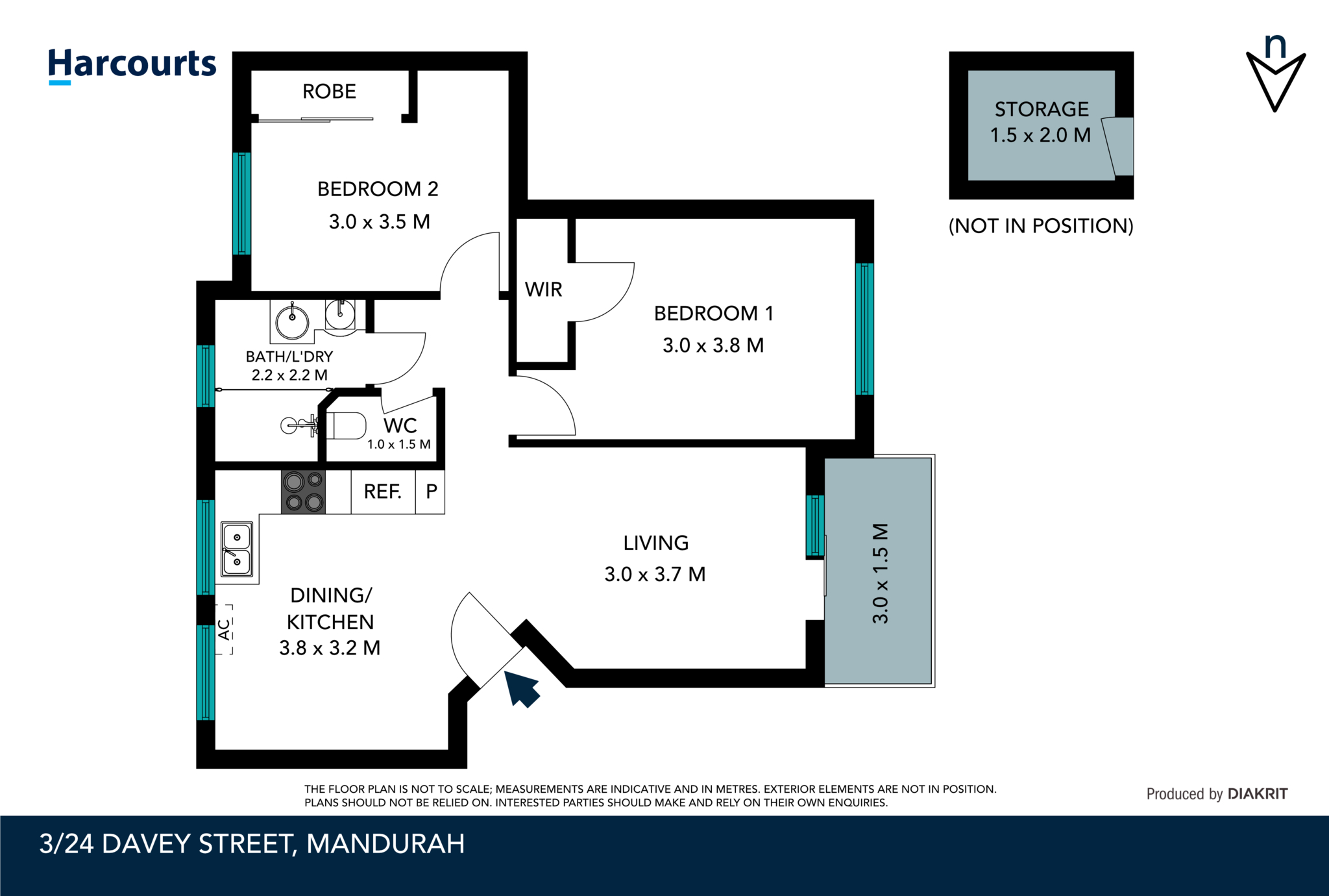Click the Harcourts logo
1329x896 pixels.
point(132,65)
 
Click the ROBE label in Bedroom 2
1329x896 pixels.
point(329,92)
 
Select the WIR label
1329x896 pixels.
point(543,290)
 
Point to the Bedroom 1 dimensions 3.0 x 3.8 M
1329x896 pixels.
point(713,345)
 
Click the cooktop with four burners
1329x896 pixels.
point(303,492)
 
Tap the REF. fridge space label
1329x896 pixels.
point(382,492)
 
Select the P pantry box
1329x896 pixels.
point(431,492)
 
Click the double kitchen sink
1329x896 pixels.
point(237,549)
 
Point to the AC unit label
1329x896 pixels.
point(224,629)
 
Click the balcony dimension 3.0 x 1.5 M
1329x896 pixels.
point(880,573)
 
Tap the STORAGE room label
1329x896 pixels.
point(1041,109)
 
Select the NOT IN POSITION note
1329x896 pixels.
point(1041,226)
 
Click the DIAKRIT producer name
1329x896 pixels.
point(1257,793)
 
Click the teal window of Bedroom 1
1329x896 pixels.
point(864,329)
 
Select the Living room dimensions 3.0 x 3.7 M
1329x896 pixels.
point(654,575)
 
